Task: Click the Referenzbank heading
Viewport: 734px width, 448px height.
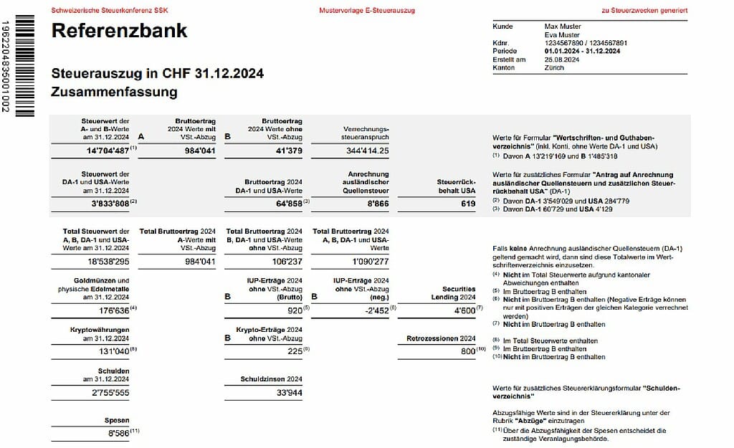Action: tap(120, 31)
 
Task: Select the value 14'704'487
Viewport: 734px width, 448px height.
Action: tap(103, 151)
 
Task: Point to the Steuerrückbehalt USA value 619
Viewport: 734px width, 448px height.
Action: tap(468, 204)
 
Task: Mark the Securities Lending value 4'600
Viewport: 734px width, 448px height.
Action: tap(461, 311)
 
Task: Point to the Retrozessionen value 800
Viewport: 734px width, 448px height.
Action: tap(467, 352)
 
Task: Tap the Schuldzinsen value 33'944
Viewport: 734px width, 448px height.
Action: tap(288, 393)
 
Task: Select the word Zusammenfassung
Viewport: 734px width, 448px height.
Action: tap(114, 92)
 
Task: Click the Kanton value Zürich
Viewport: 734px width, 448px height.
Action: tap(554, 67)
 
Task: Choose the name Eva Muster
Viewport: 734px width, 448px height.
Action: tap(562, 34)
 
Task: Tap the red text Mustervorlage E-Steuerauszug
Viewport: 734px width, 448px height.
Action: tap(367, 11)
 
